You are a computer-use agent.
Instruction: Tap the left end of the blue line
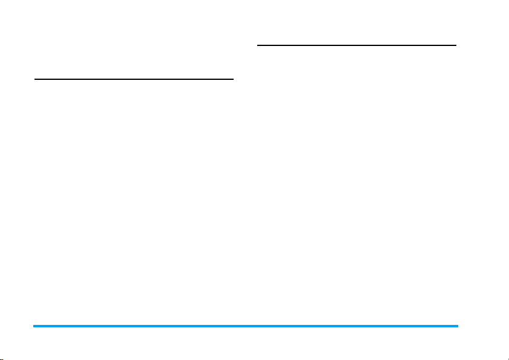[x=34, y=326]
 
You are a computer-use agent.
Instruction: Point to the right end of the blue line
[x=458, y=326]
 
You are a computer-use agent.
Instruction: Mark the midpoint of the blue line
[x=246, y=326]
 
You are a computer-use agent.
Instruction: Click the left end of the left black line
[x=34, y=79]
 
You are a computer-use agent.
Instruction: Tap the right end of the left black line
[x=233, y=79]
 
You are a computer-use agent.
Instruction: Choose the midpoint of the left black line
[x=134, y=79]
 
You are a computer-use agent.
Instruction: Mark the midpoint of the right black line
[x=357, y=45]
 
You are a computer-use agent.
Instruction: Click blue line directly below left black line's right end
[x=233, y=326]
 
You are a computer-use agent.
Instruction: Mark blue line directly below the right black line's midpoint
[x=357, y=326]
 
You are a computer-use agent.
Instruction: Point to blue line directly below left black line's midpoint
[x=134, y=326]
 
